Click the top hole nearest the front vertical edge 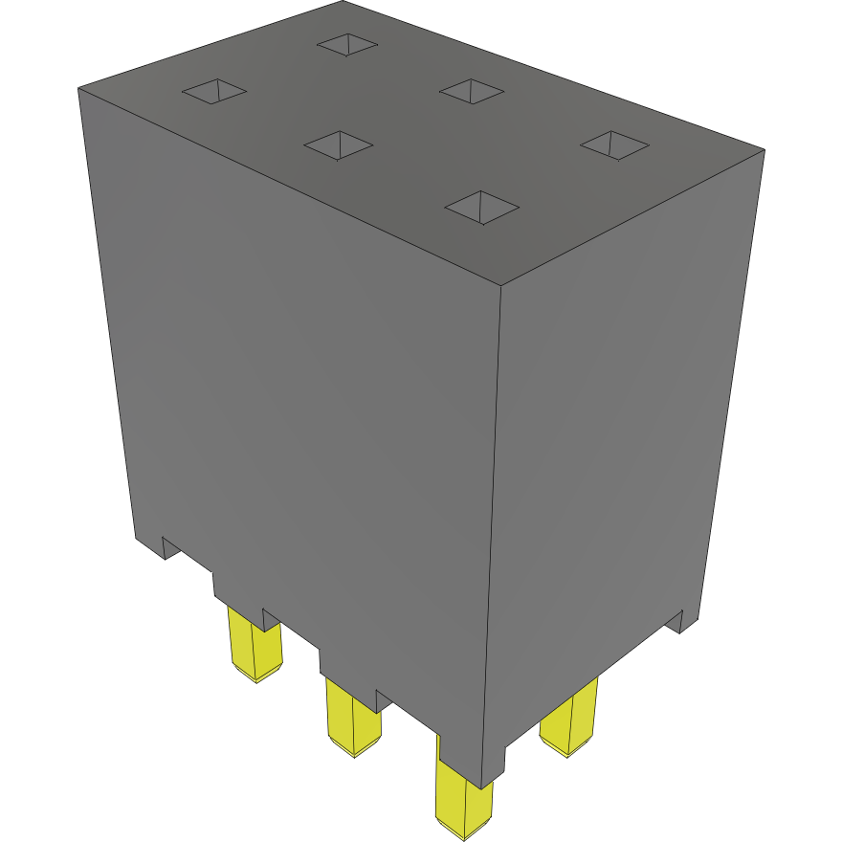pos(482,207)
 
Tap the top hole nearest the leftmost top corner pos(214,91)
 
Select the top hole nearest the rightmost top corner pos(614,144)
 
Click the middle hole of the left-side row pos(338,144)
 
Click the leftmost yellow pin pos(255,646)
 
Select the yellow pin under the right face pos(570,722)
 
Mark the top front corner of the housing pos(502,284)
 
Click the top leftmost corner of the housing pos(78,88)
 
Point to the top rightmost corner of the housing pos(764,149)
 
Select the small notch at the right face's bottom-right pos(680,622)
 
